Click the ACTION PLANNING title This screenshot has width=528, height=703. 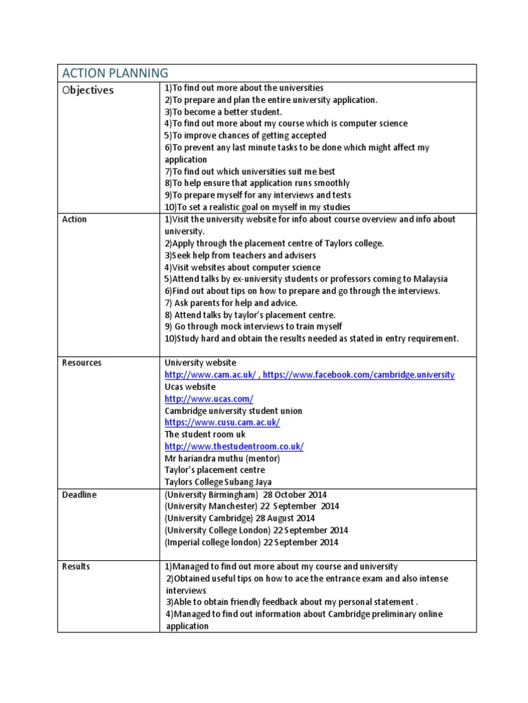point(115,73)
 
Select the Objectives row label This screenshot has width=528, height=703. point(88,90)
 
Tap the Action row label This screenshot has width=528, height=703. point(74,220)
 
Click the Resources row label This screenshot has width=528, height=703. point(81,362)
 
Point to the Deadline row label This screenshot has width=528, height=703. point(79,494)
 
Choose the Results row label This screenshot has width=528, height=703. point(76,566)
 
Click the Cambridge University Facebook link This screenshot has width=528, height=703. point(358,375)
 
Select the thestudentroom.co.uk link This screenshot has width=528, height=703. point(234,446)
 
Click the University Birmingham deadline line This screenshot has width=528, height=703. point(245,494)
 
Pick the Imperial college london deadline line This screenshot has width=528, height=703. point(251,542)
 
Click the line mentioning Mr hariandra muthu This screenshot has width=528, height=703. point(222,458)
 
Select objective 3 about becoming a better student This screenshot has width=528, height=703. point(223,112)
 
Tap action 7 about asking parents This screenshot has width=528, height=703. point(230,303)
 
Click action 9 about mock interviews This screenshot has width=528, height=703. point(253,327)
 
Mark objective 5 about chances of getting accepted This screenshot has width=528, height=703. point(245,136)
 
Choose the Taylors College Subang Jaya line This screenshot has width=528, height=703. point(218,482)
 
